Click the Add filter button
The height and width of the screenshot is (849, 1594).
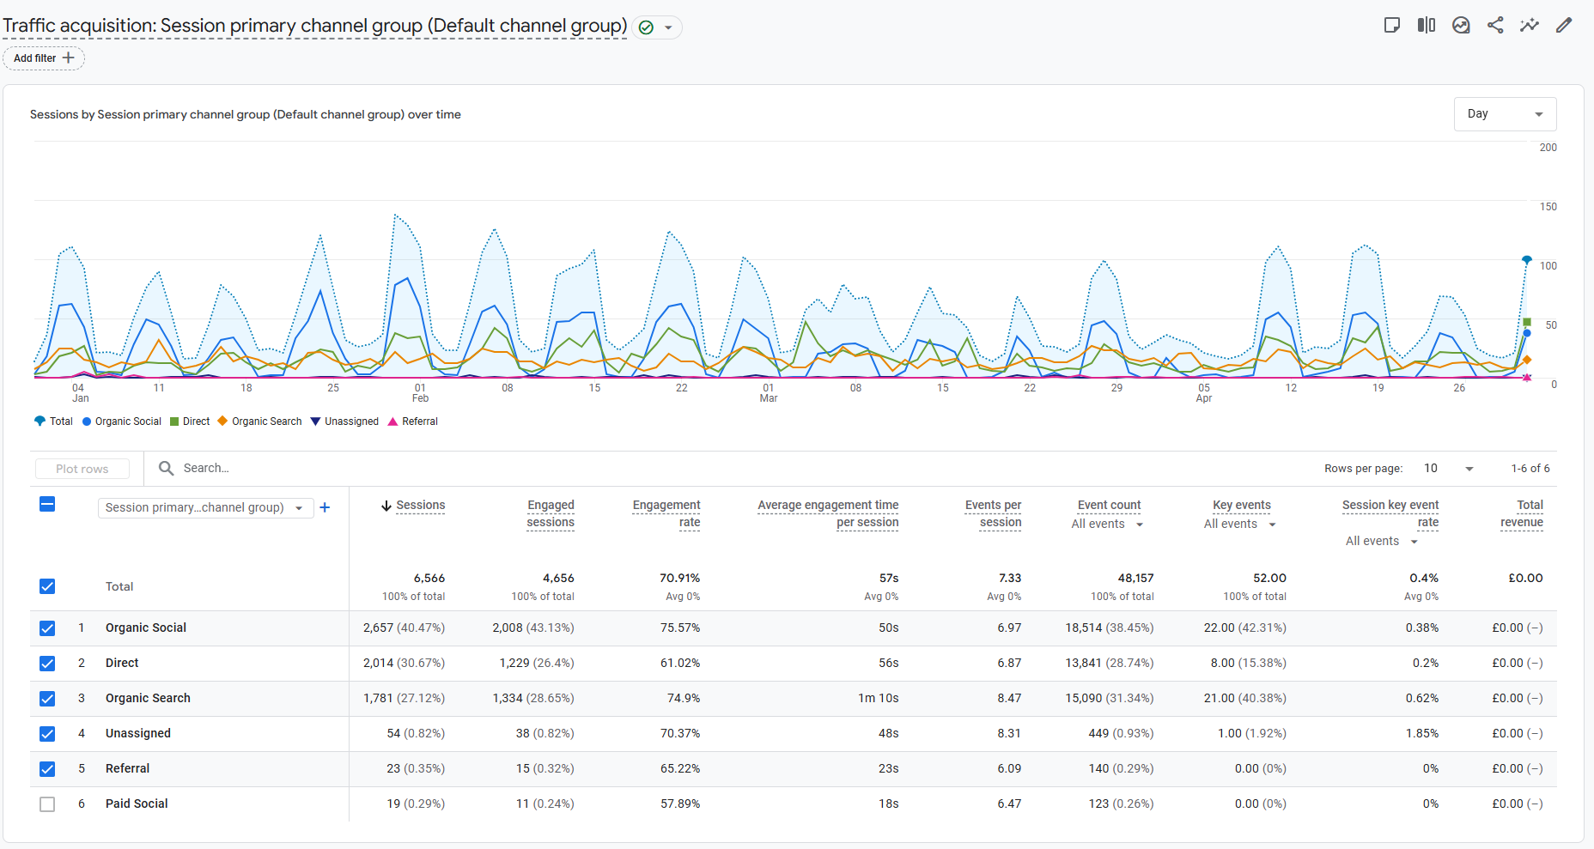pos(44,58)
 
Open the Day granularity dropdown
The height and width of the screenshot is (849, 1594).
pos(1505,114)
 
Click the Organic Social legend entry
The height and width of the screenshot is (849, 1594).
pos(122,421)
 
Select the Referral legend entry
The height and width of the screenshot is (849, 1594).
pos(413,421)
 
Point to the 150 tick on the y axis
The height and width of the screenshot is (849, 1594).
pos(1548,207)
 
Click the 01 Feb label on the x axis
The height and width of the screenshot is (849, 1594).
pos(420,393)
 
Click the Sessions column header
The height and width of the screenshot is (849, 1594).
pos(420,506)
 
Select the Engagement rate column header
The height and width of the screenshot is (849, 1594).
pos(666,513)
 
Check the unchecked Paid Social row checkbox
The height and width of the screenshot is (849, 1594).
pos(47,804)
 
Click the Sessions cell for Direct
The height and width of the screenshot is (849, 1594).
pos(404,664)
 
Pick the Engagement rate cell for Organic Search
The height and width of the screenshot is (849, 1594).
pos(684,699)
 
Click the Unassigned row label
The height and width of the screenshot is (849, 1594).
pos(138,734)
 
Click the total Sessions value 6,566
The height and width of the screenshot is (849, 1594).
pos(429,579)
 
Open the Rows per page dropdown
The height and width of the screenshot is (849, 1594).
pos(1449,469)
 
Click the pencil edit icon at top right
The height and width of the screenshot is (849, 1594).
pos(1564,25)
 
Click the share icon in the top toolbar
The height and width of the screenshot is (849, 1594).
pos(1495,25)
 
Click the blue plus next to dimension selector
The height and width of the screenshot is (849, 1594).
pos(325,507)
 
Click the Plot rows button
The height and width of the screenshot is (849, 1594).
pos(82,469)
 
